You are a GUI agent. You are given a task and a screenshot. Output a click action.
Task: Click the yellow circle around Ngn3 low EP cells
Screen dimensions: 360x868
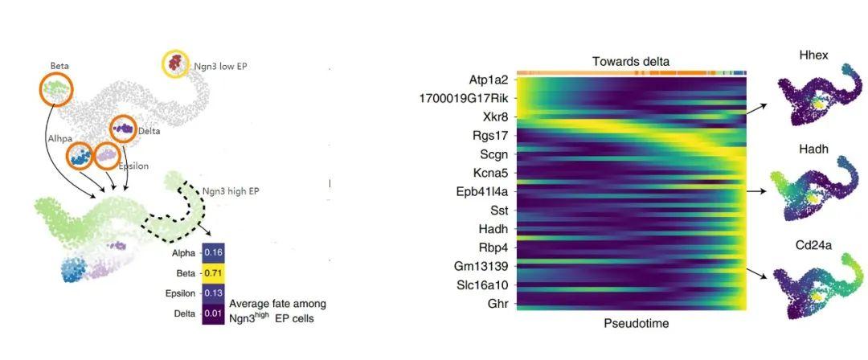click(175, 63)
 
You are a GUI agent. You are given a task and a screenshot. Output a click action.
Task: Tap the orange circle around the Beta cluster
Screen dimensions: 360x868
click(57, 88)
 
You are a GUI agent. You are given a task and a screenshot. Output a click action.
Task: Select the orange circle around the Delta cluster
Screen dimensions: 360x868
click(123, 129)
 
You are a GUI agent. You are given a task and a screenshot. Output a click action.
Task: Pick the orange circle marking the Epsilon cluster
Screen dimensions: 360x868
click(107, 154)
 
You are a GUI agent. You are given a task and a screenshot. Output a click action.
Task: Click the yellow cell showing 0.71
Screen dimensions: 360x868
click(213, 272)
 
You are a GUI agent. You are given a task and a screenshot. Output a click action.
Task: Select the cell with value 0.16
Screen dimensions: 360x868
click(213, 252)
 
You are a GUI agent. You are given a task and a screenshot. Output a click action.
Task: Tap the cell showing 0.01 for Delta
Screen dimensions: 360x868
click(213, 312)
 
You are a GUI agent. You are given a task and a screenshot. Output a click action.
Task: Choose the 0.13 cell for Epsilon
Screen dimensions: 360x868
click(213, 292)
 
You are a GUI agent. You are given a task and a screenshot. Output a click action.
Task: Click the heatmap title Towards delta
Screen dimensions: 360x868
click(630, 61)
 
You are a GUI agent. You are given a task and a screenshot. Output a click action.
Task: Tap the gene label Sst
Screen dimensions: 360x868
click(498, 211)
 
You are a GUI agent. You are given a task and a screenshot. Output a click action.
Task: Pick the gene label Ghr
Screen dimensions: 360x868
click(497, 304)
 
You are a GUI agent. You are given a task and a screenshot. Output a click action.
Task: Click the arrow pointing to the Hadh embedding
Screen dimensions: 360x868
click(759, 191)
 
